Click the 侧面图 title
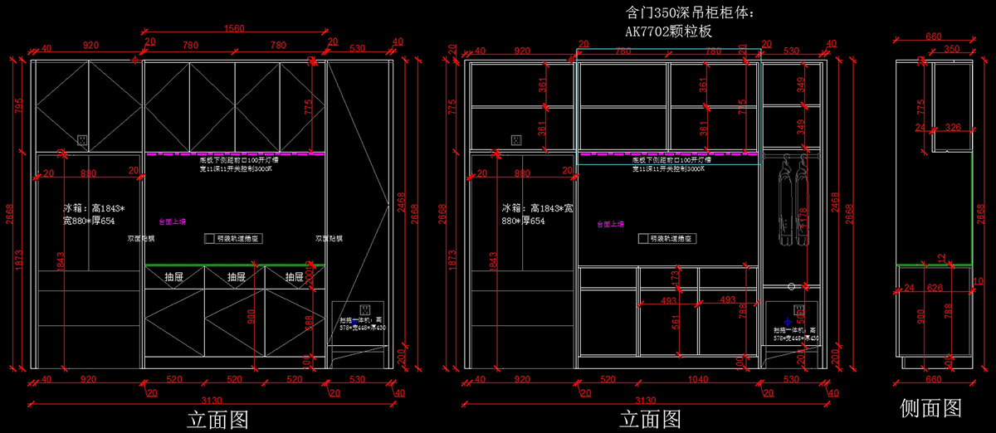coord(930,408)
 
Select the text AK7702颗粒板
coord(669,32)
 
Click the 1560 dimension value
coord(235,28)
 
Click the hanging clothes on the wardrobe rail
coord(790,199)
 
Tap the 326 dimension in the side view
coord(953,128)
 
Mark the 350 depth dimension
coord(952,49)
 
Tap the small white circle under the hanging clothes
coord(791,286)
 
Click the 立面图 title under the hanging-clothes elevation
coord(651,418)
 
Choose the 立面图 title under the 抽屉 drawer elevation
coord(217,418)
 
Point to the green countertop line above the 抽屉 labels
coord(235,265)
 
